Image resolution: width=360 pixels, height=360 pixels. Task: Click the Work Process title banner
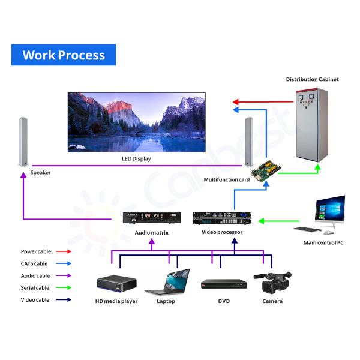coord(64,55)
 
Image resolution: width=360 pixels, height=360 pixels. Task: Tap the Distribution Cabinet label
coord(312,79)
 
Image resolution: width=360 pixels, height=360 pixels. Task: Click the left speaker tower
coord(24,142)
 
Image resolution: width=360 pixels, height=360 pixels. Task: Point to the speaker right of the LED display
coord(248,142)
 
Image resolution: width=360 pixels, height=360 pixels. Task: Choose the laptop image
coord(167,282)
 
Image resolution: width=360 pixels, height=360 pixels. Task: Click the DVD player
coord(223,284)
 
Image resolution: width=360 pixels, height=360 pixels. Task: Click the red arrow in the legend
coord(64,252)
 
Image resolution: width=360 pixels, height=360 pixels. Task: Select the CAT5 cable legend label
coord(35,264)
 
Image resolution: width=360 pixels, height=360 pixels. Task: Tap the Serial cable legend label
coord(35,288)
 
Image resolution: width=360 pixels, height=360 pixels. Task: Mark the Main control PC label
coord(323,242)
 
